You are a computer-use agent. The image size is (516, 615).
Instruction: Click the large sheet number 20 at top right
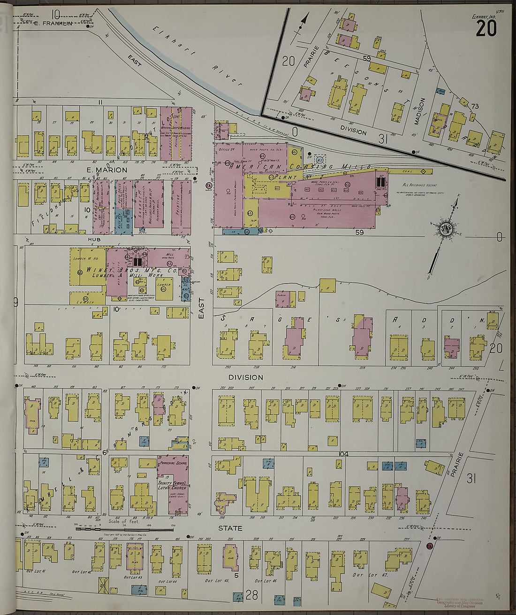(x=486, y=29)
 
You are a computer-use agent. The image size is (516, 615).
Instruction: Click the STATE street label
(x=230, y=528)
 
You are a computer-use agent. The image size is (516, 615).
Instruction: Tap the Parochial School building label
(x=173, y=463)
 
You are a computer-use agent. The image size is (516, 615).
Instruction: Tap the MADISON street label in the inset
(x=422, y=111)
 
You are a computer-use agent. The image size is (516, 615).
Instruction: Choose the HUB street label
(x=93, y=239)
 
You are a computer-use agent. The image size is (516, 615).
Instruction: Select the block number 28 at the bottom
(x=251, y=596)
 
